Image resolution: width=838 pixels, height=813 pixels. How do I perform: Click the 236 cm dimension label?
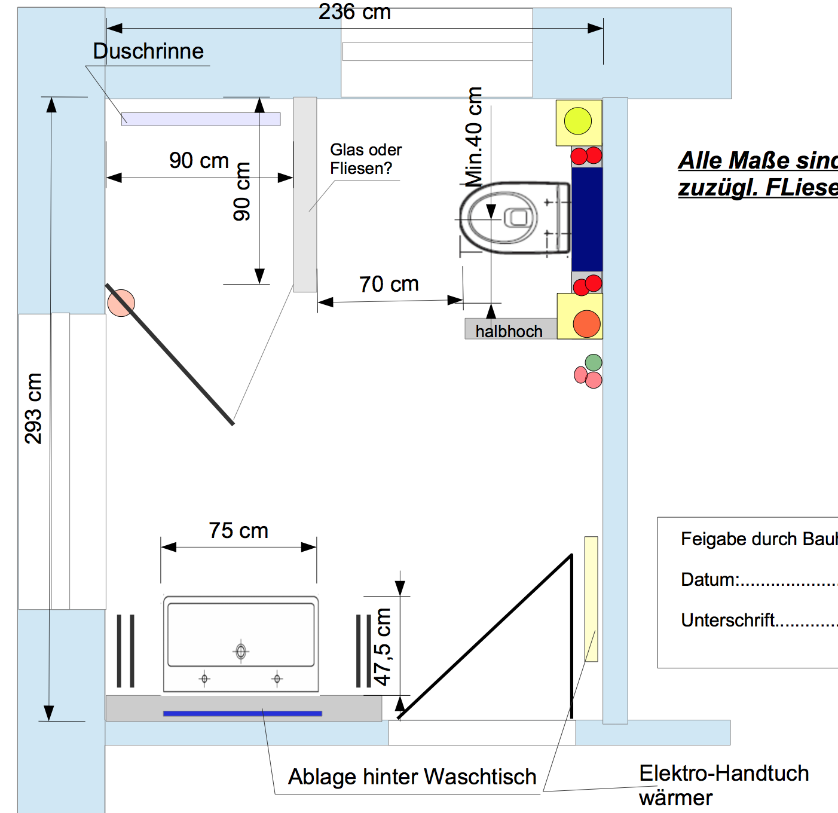click(354, 12)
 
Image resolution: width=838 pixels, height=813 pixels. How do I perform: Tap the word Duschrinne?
click(148, 51)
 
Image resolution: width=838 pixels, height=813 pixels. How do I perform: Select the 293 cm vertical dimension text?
click(33, 408)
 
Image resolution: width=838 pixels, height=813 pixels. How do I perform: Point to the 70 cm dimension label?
click(389, 285)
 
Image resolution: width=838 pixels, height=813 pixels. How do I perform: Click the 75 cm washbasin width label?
click(238, 531)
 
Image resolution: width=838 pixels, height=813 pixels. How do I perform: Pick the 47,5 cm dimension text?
click(383, 647)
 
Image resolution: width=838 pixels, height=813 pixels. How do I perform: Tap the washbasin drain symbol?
click(241, 651)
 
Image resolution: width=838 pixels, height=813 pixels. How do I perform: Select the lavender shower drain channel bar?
click(201, 119)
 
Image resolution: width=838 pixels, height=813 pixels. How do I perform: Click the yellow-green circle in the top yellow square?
click(577, 121)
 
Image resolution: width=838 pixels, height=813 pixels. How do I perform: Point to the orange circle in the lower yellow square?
click(586, 323)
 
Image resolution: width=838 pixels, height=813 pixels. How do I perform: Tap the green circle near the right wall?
click(594, 362)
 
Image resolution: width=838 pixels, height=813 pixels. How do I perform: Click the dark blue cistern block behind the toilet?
click(587, 219)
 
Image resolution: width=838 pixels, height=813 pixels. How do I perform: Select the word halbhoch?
click(509, 331)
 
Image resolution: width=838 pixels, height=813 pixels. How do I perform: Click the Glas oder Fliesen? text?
click(365, 159)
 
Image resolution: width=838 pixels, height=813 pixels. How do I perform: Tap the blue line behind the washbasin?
click(242, 713)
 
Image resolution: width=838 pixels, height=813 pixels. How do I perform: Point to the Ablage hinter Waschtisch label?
click(412, 777)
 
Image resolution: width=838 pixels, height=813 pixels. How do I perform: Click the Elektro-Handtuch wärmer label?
click(723, 785)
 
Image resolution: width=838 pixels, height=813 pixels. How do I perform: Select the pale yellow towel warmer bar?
click(591, 598)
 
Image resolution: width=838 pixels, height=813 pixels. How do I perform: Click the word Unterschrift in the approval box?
click(727, 621)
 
